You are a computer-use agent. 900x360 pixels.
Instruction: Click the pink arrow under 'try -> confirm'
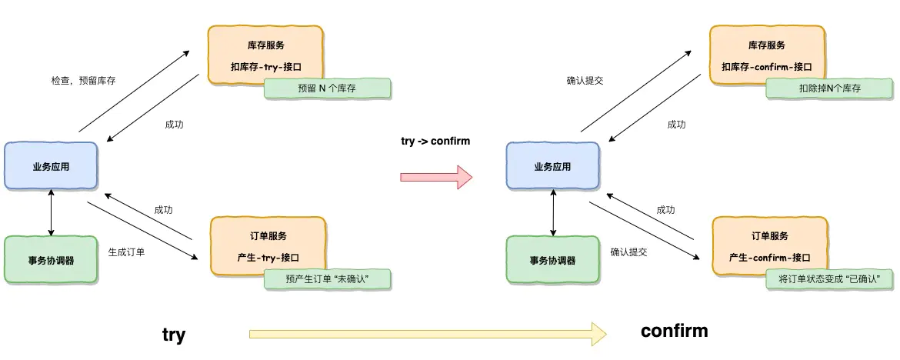pyautogui.click(x=435, y=177)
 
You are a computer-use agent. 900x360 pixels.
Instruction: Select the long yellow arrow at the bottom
pyautogui.click(x=428, y=333)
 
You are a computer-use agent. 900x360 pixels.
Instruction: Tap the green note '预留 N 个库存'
pyautogui.click(x=327, y=88)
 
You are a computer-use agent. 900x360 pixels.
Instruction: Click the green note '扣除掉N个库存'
pyautogui.click(x=829, y=88)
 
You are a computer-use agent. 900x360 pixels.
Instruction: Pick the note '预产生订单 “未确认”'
pyautogui.click(x=327, y=278)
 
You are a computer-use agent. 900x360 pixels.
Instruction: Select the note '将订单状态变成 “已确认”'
pyautogui.click(x=829, y=278)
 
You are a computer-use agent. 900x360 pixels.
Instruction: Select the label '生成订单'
pyautogui.click(x=126, y=252)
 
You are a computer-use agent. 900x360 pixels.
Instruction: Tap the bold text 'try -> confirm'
pyautogui.click(x=435, y=142)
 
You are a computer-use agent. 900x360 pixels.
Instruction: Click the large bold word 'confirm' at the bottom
pyautogui.click(x=674, y=331)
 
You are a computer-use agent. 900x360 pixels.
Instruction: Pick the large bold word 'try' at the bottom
pyautogui.click(x=174, y=335)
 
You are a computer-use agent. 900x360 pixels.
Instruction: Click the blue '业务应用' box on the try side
pyautogui.click(x=51, y=165)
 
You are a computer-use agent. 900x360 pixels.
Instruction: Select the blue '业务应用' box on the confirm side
pyautogui.click(x=553, y=165)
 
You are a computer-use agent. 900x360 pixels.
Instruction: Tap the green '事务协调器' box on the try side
pyautogui.click(x=51, y=260)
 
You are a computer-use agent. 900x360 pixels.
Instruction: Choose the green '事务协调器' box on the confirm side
pyautogui.click(x=553, y=260)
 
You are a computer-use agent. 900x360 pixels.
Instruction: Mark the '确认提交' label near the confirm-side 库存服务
pyautogui.click(x=585, y=80)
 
